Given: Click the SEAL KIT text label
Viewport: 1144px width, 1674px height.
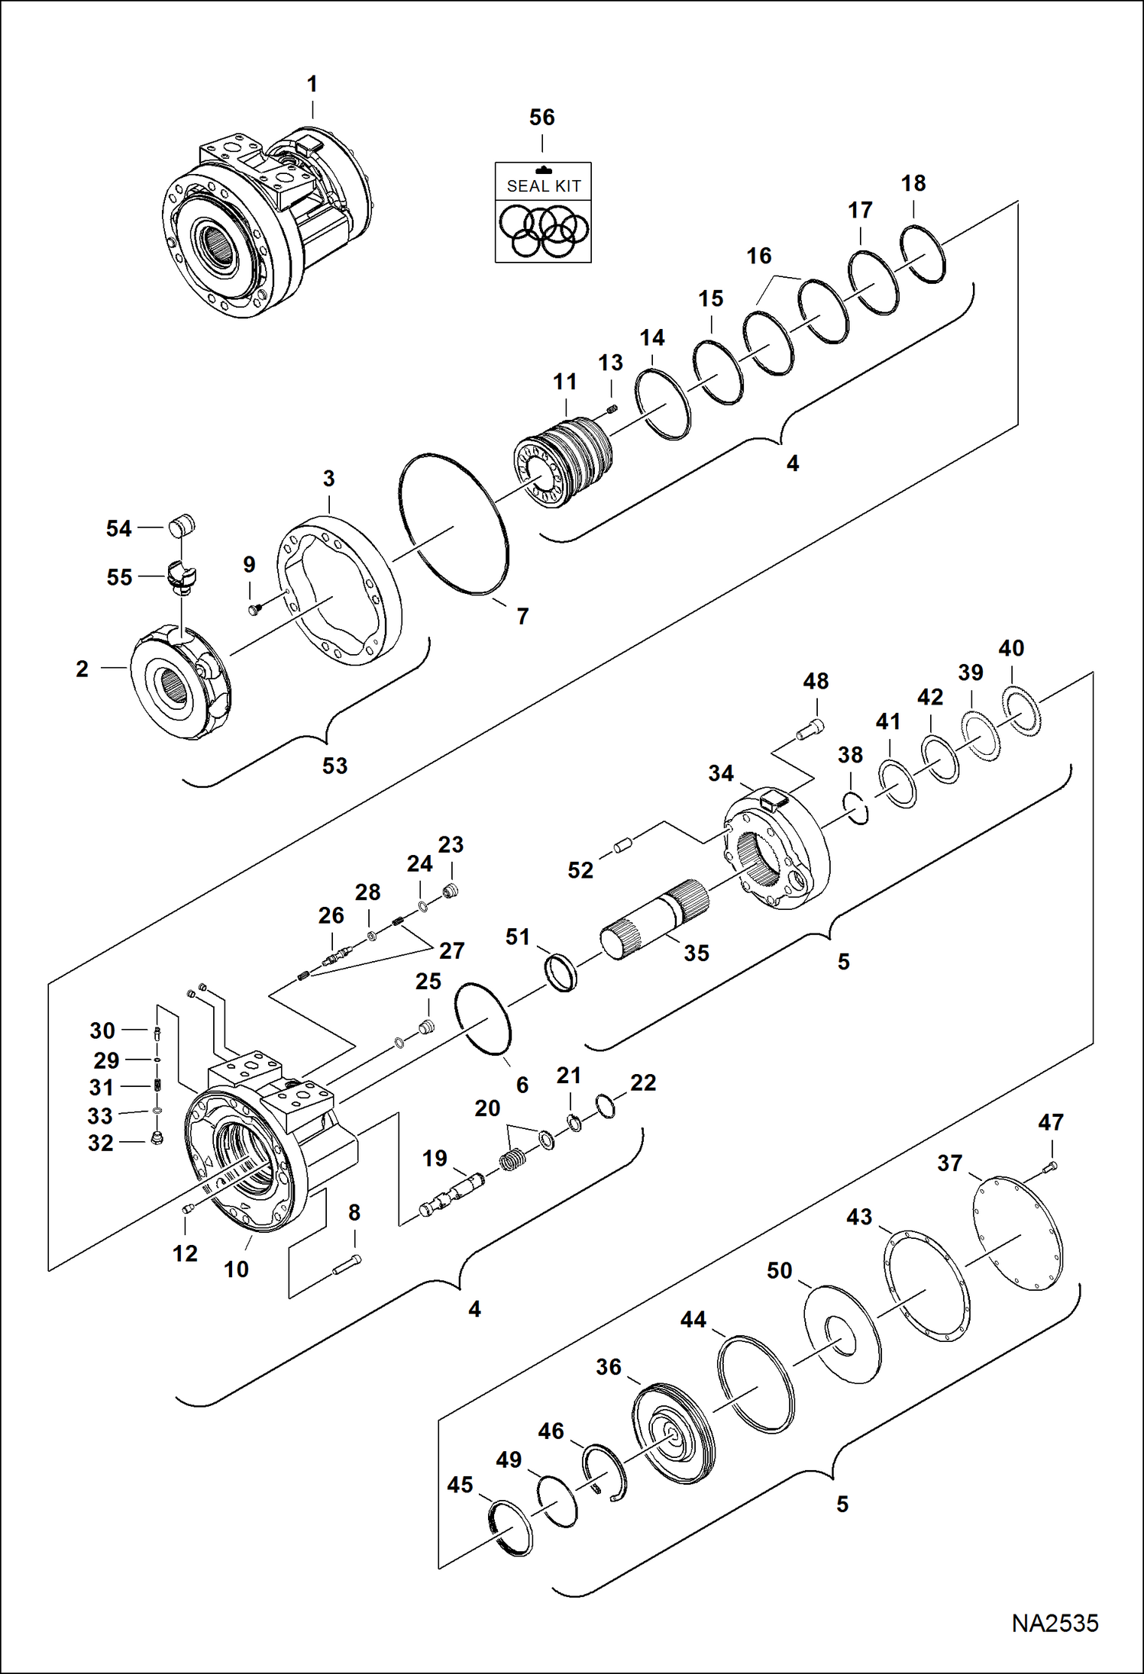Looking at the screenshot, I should coord(543,185).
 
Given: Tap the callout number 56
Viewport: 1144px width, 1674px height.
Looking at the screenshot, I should coord(541,118).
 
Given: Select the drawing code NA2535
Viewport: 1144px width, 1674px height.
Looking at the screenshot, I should coord(1055,1623).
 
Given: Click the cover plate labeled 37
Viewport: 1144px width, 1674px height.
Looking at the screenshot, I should coord(1018,1234).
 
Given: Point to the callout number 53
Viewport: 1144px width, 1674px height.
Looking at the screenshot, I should coord(334,766).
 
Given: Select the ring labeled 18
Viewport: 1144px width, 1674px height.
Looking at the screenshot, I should coord(923,254).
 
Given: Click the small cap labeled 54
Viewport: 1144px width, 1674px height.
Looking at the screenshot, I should coord(182,526).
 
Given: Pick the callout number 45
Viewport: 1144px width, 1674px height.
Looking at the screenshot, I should coord(460,1485).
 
